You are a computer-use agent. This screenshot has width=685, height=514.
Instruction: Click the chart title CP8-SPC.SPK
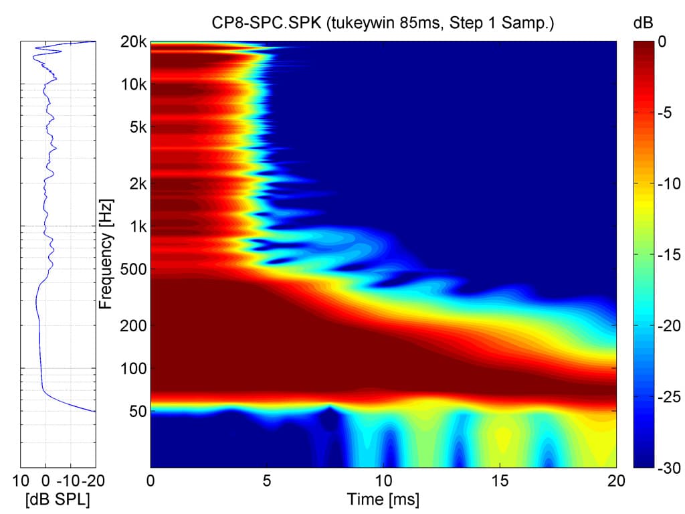click(x=383, y=23)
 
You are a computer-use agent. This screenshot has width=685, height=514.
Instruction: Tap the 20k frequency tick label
click(x=134, y=42)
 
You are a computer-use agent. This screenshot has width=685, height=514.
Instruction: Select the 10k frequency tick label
click(x=134, y=85)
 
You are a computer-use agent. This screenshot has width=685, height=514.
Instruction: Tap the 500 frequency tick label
click(x=134, y=269)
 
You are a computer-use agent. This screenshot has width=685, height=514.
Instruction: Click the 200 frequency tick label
click(x=134, y=325)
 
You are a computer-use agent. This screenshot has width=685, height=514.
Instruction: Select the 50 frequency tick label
click(x=137, y=411)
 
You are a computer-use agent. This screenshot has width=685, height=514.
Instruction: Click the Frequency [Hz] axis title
click(x=105, y=254)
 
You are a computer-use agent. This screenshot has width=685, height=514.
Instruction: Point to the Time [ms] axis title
click(x=383, y=499)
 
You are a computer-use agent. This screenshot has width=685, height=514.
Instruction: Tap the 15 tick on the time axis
click(x=500, y=481)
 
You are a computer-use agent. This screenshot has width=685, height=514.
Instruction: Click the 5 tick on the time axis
click(x=267, y=481)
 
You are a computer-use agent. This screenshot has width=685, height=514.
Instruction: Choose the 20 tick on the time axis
click(x=616, y=481)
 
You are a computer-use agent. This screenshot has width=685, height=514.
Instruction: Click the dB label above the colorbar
click(x=642, y=23)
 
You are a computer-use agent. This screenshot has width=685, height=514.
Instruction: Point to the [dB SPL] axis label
click(x=58, y=499)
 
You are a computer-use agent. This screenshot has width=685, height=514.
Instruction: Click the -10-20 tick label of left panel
click(x=78, y=481)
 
